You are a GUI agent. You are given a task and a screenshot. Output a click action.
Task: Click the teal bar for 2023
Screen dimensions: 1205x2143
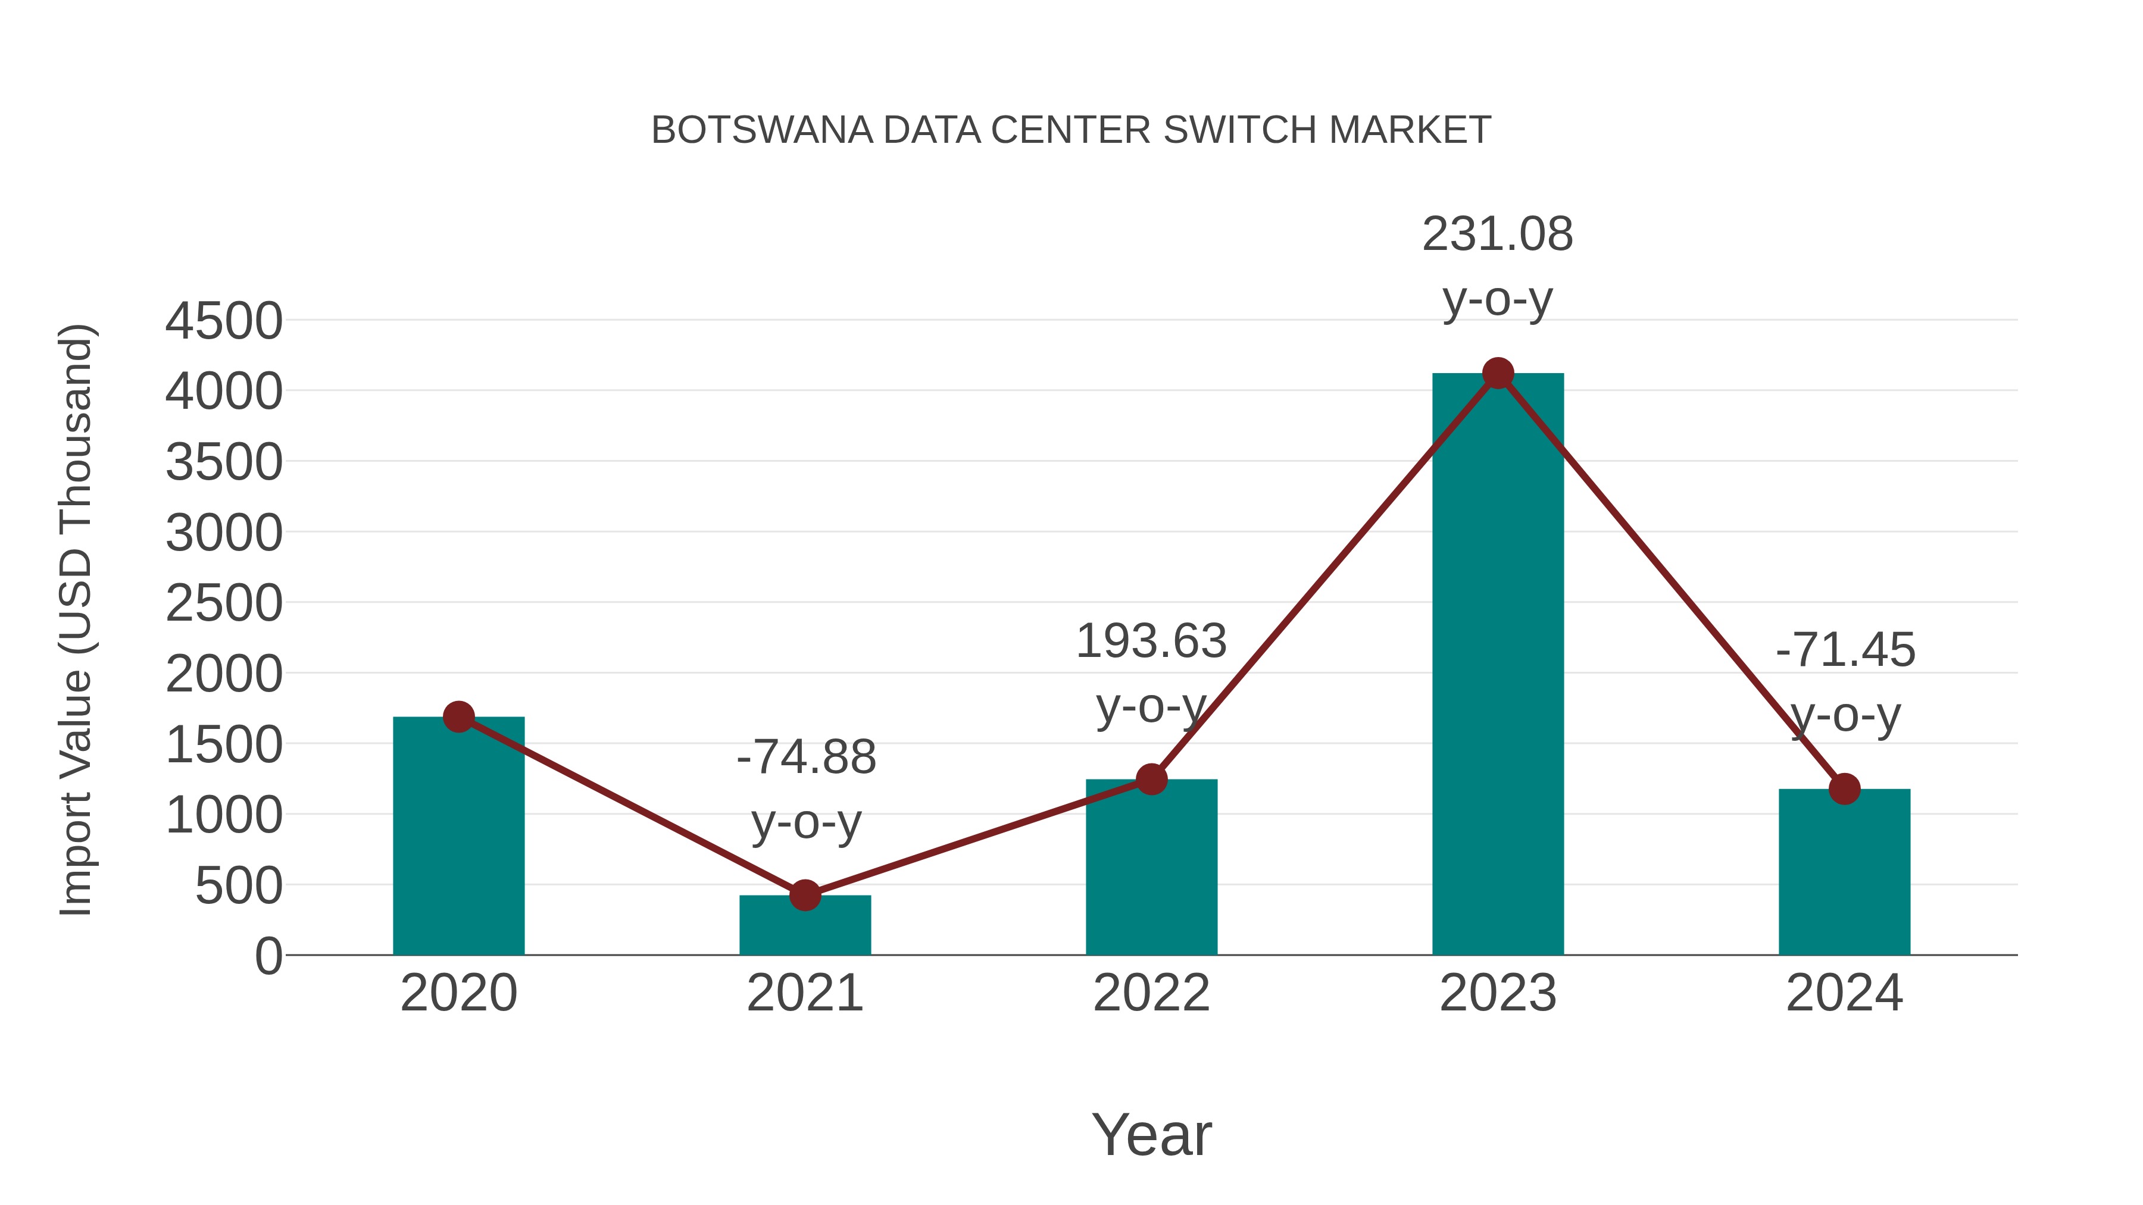(x=1498, y=665)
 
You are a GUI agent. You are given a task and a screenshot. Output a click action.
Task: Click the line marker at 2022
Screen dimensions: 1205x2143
(x=1151, y=779)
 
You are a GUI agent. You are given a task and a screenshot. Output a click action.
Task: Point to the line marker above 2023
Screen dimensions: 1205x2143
(x=1498, y=373)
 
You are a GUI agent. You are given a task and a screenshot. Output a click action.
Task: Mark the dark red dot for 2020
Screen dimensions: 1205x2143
(x=458, y=716)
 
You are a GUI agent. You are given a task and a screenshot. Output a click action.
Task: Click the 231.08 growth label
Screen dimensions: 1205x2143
(x=1498, y=234)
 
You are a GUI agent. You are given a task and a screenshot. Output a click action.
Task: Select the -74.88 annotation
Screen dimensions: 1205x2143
(x=806, y=758)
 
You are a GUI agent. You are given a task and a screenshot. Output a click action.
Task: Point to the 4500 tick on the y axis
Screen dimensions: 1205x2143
(x=224, y=322)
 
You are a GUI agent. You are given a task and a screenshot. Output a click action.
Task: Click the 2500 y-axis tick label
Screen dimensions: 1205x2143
(x=224, y=605)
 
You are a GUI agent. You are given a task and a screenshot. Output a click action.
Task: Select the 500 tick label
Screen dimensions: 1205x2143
(x=239, y=887)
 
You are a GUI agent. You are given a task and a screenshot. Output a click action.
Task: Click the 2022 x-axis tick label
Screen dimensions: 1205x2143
(x=1151, y=994)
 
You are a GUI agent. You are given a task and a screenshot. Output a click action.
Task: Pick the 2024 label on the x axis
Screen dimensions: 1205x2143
(x=1844, y=994)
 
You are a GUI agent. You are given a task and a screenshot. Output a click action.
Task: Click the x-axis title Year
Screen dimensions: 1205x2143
(x=1151, y=1135)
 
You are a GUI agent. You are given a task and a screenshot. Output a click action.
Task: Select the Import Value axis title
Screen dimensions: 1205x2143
(x=77, y=619)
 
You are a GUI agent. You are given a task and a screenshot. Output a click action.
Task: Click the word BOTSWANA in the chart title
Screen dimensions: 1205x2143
(x=761, y=130)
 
